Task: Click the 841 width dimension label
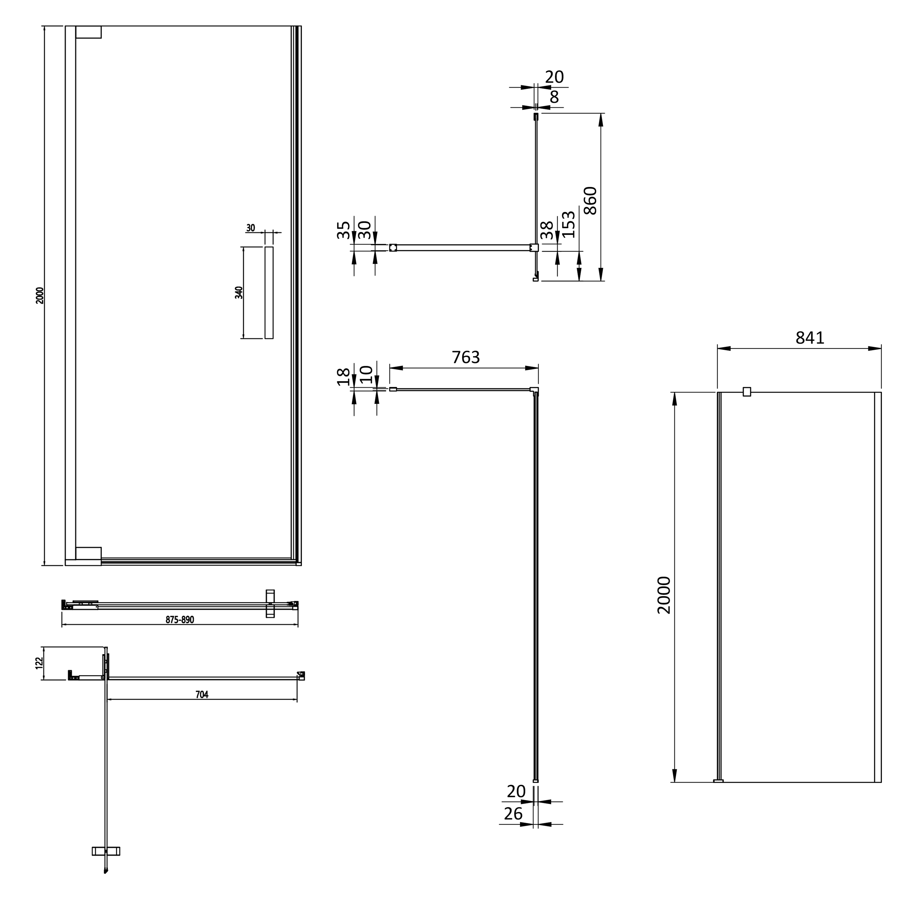click(x=810, y=338)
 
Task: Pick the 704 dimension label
click(x=202, y=694)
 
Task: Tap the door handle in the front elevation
click(x=269, y=293)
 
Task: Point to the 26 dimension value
click(x=513, y=814)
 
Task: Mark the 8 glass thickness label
click(x=554, y=97)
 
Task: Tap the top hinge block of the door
click(x=88, y=32)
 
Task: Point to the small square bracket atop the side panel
click(x=747, y=392)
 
